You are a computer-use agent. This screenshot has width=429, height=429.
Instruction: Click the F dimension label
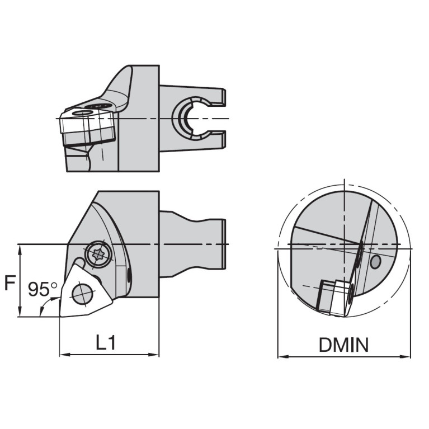pos(9,282)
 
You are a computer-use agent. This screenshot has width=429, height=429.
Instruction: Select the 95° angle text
pos(43,289)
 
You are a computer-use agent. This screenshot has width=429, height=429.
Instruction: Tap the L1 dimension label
pos(105,342)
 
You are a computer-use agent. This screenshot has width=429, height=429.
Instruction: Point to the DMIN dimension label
pos(343,345)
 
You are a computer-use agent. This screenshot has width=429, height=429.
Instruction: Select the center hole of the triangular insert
pos(82,291)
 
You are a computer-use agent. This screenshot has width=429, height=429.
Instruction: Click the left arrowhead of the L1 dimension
pos(63,354)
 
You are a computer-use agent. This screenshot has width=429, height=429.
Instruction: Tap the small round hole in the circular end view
pos(375,261)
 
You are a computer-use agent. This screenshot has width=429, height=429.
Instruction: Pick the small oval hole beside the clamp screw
pos(130,275)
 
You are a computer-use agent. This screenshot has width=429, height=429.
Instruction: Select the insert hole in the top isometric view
pos(83,113)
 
